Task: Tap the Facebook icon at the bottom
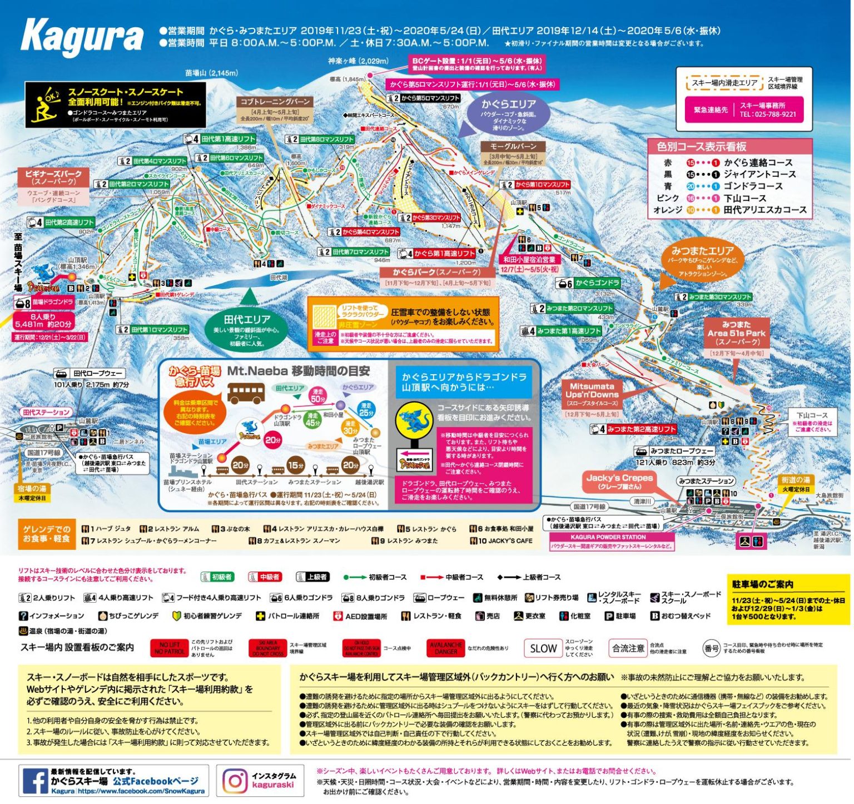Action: (x=34, y=781)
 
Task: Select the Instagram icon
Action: (x=235, y=781)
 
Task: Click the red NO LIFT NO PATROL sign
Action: (x=169, y=648)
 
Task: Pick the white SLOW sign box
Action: (x=543, y=648)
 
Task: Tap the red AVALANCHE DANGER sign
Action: (x=445, y=648)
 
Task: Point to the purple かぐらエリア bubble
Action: (x=508, y=114)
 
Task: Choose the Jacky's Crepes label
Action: (x=619, y=482)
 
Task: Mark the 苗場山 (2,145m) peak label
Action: (x=211, y=73)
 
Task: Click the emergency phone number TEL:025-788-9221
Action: (x=767, y=114)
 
